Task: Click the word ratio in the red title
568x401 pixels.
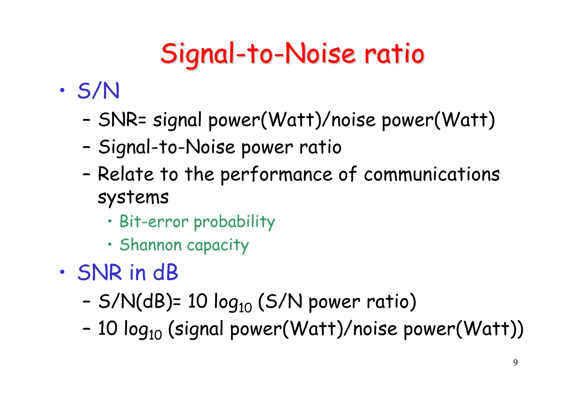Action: tap(394, 54)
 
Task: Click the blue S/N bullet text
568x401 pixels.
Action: tap(98, 91)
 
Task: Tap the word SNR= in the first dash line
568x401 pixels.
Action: tap(122, 120)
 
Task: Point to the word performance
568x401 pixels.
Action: tap(276, 175)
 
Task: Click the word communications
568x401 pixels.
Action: tap(432, 174)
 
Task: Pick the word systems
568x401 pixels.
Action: tap(133, 197)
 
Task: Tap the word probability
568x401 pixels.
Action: tap(234, 222)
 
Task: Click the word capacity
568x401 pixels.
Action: tap(218, 245)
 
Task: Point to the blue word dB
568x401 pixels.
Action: tap(166, 273)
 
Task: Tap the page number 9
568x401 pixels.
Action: tap(515, 363)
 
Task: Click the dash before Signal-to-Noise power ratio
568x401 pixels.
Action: tap(87, 147)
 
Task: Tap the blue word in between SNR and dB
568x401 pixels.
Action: tap(137, 273)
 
